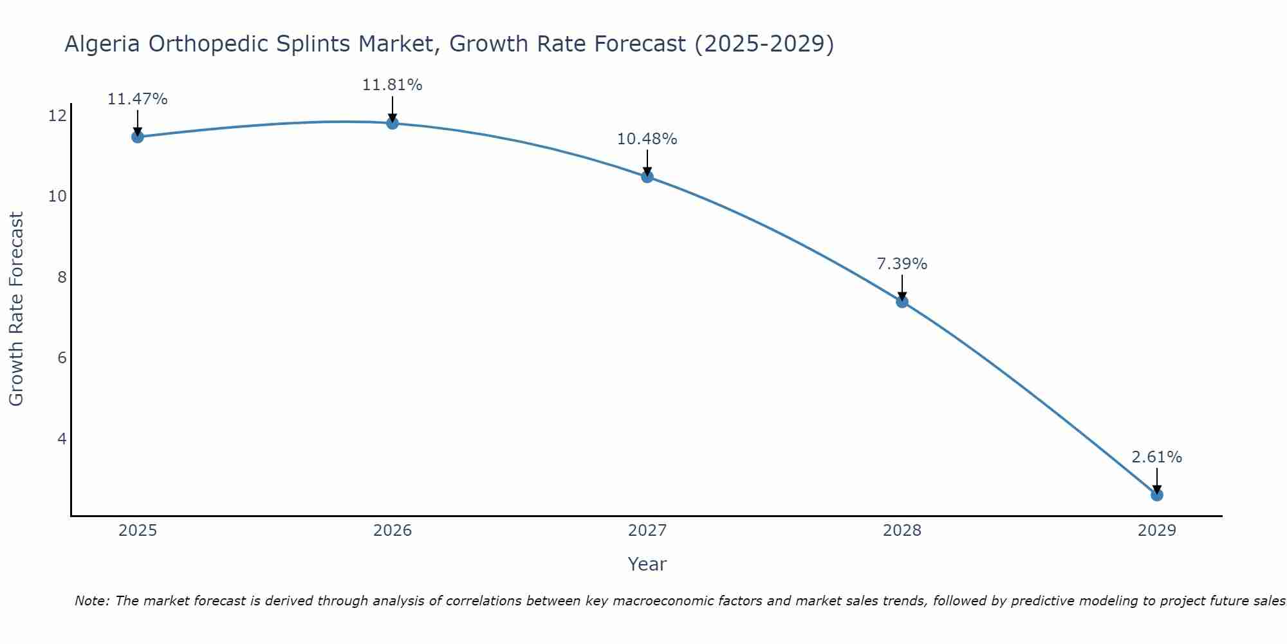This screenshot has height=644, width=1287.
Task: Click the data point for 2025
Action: coord(137,137)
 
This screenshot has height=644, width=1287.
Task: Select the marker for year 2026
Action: coord(393,123)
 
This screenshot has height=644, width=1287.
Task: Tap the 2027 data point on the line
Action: coord(647,176)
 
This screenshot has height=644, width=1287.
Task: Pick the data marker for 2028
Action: coord(902,301)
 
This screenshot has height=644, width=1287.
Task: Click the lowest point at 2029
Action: coord(1157,495)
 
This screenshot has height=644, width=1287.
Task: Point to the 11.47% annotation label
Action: coord(137,99)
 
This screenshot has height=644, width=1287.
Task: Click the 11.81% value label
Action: coord(392,85)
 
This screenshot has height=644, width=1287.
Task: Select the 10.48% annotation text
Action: coord(647,139)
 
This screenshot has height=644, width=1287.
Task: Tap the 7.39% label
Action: coord(902,264)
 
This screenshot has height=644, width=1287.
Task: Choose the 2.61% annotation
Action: coord(1156,457)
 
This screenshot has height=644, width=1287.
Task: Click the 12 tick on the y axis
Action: coord(57,116)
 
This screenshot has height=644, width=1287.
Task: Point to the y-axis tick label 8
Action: coord(62,277)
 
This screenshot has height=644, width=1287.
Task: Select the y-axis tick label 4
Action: coord(62,439)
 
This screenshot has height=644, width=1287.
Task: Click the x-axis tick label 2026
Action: coord(393,531)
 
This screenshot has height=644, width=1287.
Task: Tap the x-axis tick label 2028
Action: coord(902,531)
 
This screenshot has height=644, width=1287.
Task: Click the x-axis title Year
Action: coord(647,564)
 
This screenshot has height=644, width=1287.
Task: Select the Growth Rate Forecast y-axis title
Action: coord(16,309)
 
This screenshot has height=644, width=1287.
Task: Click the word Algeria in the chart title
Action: coord(103,44)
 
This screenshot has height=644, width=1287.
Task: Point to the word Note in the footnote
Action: coord(93,601)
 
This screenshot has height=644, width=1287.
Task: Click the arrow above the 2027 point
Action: coord(647,162)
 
